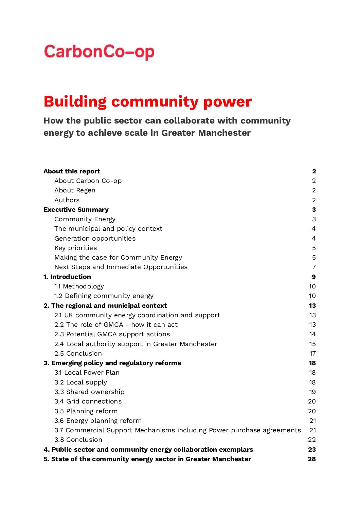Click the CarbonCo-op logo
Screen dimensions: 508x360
tap(99, 52)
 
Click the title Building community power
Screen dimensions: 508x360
tap(147, 101)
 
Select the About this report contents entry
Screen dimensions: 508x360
tap(72, 171)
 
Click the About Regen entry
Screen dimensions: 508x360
tap(75, 190)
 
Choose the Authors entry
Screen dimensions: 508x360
tap(67, 200)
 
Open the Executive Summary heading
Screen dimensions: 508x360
tap(76, 210)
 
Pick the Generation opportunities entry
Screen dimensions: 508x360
tap(95, 239)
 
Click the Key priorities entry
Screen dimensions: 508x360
tap(75, 248)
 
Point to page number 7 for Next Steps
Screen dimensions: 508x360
tap(314, 267)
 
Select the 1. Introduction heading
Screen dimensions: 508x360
tap(67, 277)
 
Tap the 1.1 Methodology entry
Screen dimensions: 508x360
tap(79, 286)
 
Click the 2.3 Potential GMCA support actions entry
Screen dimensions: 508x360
tap(112, 334)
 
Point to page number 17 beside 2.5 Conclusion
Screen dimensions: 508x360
tap(312, 354)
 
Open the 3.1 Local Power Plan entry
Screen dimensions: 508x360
tap(87, 373)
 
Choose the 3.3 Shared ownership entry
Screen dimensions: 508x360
tap(89, 392)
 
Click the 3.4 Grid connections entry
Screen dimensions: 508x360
tap(88, 401)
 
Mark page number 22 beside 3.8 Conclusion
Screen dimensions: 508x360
tap(312, 440)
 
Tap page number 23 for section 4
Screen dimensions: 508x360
tap(312, 450)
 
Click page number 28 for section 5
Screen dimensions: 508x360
tap(312, 459)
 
